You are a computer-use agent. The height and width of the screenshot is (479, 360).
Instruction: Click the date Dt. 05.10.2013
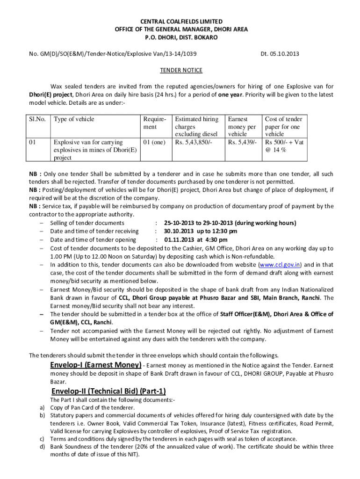pyautogui.click(x=280, y=54)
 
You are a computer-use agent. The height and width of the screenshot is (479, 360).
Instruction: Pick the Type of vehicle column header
pyautogui.click(x=74, y=119)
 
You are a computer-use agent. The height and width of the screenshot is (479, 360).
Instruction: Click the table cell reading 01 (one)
pyautogui.click(x=155, y=142)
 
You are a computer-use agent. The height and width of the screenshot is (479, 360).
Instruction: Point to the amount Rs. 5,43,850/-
pyautogui.click(x=194, y=142)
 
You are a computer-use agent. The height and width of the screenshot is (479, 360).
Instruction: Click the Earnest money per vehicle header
pyautogui.click(x=242, y=127)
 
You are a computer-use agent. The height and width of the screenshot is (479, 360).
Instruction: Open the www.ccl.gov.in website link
pyautogui.click(x=280, y=264)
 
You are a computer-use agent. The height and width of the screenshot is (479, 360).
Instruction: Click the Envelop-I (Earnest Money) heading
pyautogui.click(x=96, y=364)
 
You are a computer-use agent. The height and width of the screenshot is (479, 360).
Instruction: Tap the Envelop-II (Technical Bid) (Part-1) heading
pyautogui.click(x=108, y=391)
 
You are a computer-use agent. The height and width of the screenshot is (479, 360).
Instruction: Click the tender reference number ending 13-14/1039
pyautogui.click(x=112, y=54)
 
